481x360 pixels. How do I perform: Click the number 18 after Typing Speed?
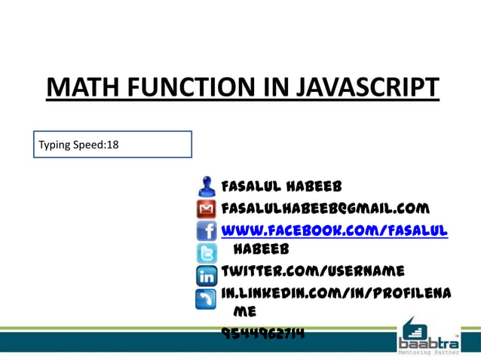[x=112, y=144]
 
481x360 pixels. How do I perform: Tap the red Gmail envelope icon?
[x=206, y=209]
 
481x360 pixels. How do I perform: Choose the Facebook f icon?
[x=206, y=230]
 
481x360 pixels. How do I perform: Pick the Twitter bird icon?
[x=206, y=252]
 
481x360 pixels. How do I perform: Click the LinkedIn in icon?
[x=206, y=276]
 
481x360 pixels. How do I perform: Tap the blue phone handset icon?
[x=206, y=299]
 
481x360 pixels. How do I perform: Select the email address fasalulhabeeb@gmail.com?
[x=325, y=208]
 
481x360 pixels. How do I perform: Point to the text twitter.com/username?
[x=312, y=270]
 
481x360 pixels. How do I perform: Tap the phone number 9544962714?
[x=263, y=332]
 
